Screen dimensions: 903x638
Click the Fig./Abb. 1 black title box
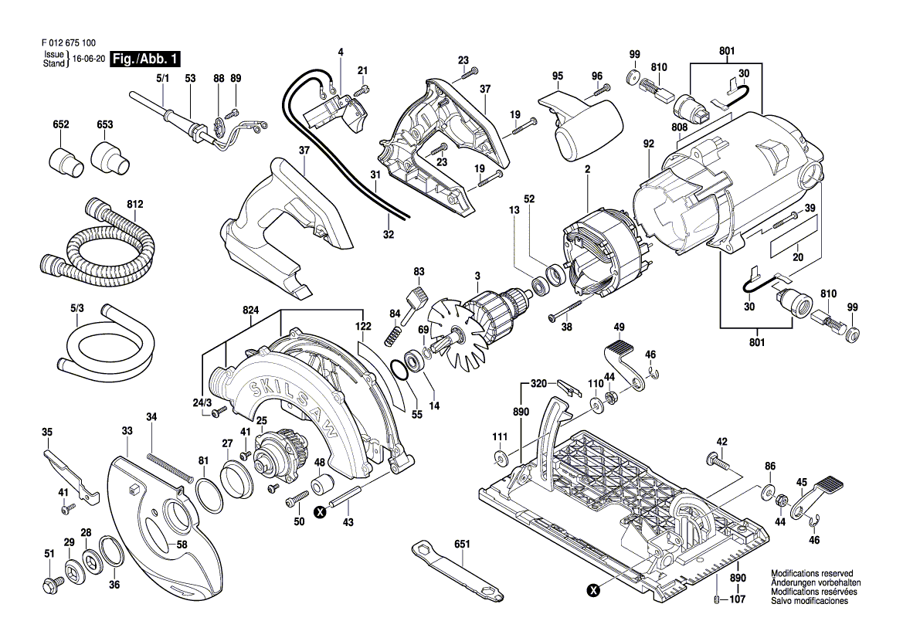click(146, 59)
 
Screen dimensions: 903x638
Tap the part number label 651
click(462, 544)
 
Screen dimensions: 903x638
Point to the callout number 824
click(250, 311)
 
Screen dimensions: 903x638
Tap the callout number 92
click(649, 144)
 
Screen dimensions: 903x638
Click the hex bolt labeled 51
click(50, 585)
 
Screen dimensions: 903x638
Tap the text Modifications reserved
click(812, 574)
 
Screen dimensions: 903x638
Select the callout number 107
click(738, 599)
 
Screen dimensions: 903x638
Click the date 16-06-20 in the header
click(89, 59)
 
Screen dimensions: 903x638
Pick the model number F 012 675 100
click(69, 43)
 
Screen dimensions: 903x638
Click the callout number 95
click(558, 76)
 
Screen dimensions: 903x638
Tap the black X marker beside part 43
click(320, 511)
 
